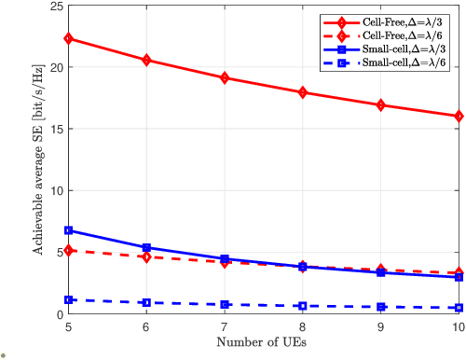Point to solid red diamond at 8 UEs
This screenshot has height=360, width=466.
[x=303, y=92]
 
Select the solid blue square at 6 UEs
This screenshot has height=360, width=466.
[x=145, y=247]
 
